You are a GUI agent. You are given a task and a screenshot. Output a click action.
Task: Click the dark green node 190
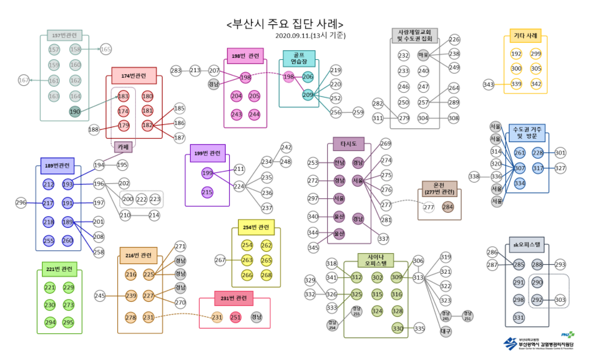point(75,112)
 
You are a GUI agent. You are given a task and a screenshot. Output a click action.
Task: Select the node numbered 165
point(106,50)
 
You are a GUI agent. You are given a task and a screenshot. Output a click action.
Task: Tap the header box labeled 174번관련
point(130,75)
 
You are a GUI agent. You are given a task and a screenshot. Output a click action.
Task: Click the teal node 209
point(308,95)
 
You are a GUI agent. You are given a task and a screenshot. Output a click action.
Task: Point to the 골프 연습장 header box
point(298,58)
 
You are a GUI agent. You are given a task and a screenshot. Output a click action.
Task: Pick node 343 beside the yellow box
point(488,84)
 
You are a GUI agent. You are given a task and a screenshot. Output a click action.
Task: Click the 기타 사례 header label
point(525,37)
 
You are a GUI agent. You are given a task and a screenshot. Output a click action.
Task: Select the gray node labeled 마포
point(424,55)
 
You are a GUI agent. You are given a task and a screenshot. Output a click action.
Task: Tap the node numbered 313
point(418,278)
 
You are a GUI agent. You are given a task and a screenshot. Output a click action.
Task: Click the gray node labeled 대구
point(446,331)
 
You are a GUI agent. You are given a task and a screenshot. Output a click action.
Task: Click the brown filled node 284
point(448,207)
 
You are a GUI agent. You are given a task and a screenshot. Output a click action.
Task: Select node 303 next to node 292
point(560,300)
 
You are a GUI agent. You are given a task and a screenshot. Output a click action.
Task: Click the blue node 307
point(519,168)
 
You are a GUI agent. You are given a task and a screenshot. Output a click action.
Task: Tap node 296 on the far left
point(21,203)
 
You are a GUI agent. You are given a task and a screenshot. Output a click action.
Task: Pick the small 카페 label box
point(123,146)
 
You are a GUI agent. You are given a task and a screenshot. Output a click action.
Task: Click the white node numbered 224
point(239,186)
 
